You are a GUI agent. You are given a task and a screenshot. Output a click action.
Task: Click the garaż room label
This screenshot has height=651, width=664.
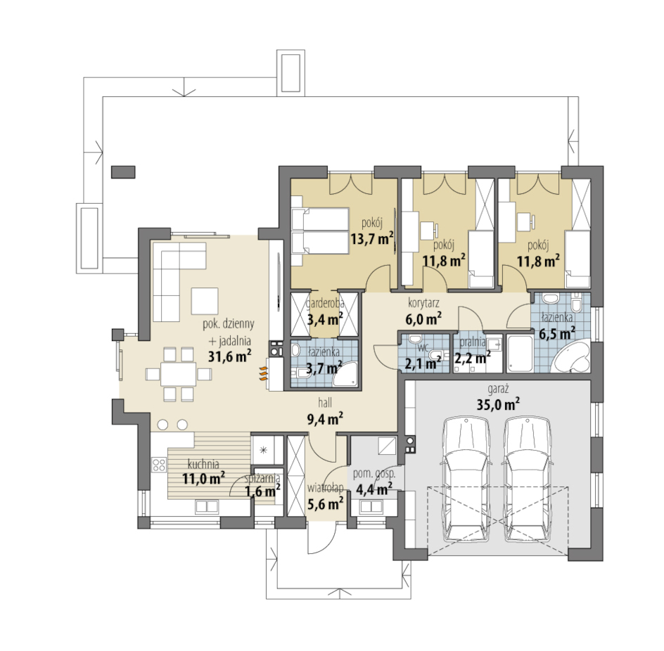pos(498,389)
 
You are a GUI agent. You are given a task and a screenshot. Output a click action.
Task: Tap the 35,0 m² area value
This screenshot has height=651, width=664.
pos(498,404)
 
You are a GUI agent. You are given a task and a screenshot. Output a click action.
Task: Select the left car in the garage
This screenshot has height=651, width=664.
pos(466,479)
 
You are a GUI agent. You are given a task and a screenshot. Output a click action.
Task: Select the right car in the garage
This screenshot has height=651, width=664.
pos(528,479)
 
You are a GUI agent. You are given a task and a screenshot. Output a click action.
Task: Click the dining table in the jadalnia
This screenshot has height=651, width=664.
pos(178,374)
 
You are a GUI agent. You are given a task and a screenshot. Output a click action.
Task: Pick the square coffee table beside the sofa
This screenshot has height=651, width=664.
pos(205,301)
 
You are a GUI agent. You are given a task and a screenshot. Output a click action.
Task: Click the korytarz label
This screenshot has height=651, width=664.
pos(423,303)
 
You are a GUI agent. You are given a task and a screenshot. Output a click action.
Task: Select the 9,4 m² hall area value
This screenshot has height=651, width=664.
pos(325,418)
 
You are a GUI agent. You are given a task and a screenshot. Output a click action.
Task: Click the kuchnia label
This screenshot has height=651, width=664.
pos(203,464)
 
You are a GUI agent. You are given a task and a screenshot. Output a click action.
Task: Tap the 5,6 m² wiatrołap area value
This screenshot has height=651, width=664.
pos(325,503)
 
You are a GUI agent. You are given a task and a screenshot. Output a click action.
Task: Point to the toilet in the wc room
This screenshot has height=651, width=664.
pos(436,355)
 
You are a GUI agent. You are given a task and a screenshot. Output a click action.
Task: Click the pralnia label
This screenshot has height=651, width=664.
pos(473,342)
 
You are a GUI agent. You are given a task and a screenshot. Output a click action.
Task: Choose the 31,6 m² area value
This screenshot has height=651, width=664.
pos(229,356)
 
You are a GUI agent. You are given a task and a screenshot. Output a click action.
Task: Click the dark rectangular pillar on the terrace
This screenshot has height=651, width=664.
pos(123,172)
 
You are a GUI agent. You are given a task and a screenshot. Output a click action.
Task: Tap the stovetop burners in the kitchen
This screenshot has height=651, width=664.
pos(159,465)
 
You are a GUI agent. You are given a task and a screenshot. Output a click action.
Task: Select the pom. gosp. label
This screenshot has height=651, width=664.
pos(374,474)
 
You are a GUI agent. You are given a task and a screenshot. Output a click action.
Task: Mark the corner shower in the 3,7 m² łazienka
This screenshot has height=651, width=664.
pos(345,373)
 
